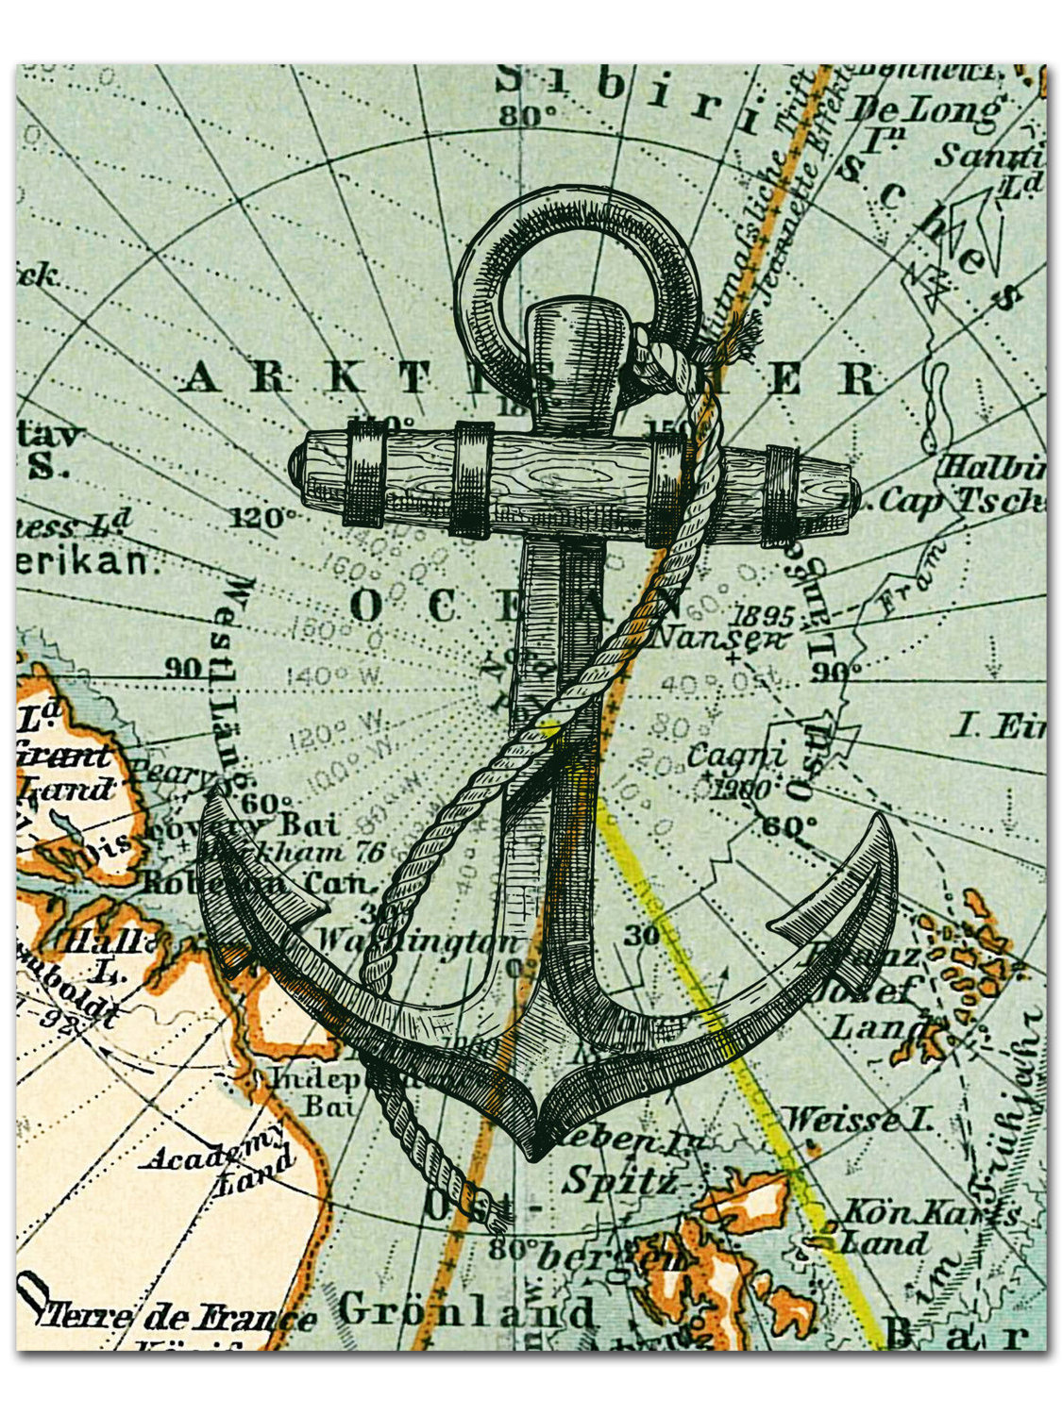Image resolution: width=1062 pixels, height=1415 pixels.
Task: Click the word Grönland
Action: click(x=466, y=1311)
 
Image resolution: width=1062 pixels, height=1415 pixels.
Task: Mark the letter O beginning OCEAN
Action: click(x=366, y=606)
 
